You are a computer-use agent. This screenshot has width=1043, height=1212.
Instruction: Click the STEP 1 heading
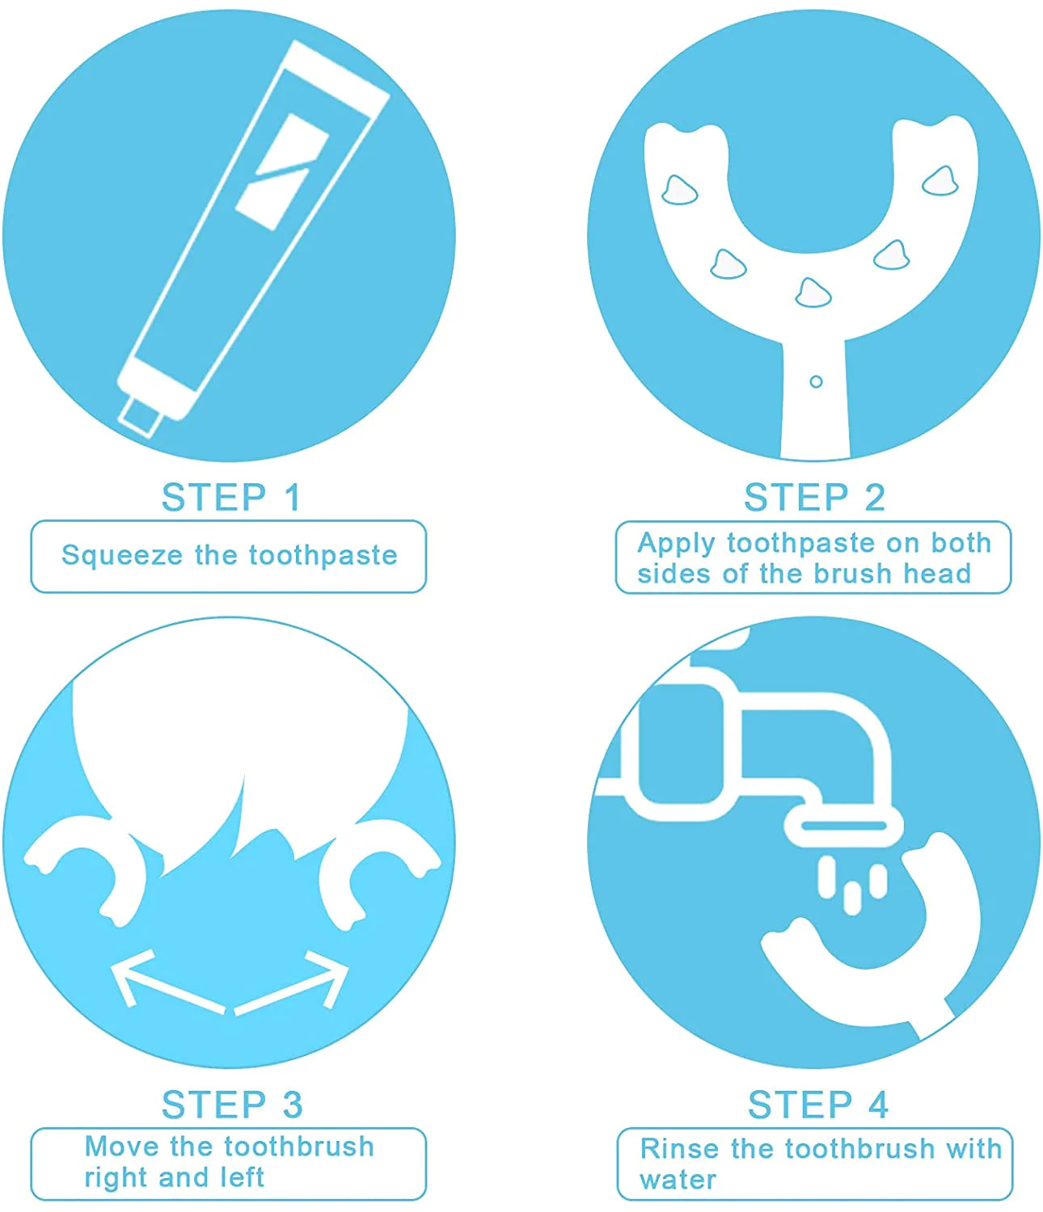tap(231, 498)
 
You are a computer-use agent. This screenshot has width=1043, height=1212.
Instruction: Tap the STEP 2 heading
tap(814, 498)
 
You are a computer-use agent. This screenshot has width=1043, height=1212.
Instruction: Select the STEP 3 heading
tap(232, 1105)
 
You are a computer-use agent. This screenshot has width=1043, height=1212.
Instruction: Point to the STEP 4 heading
tap(817, 1105)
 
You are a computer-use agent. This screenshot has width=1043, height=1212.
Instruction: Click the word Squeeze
tap(122, 556)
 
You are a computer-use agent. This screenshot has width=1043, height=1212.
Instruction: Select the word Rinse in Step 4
tap(678, 1149)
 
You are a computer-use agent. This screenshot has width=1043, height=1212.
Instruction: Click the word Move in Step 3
tap(121, 1147)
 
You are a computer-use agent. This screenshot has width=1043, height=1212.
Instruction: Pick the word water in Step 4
tap(678, 1180)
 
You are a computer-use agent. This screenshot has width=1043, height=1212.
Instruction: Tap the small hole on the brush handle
tap(815, 381)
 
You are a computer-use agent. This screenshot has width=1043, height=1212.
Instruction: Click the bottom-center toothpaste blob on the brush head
tap(813, 292)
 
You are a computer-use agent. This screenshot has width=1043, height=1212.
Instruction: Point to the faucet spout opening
tap(843, 826)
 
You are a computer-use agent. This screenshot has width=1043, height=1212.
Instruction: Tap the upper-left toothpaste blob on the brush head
tap(679, 190)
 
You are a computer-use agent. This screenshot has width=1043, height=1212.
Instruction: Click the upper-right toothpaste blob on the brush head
tap(940, 181)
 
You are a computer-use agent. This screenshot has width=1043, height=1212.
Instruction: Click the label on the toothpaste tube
tap(281, 172)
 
